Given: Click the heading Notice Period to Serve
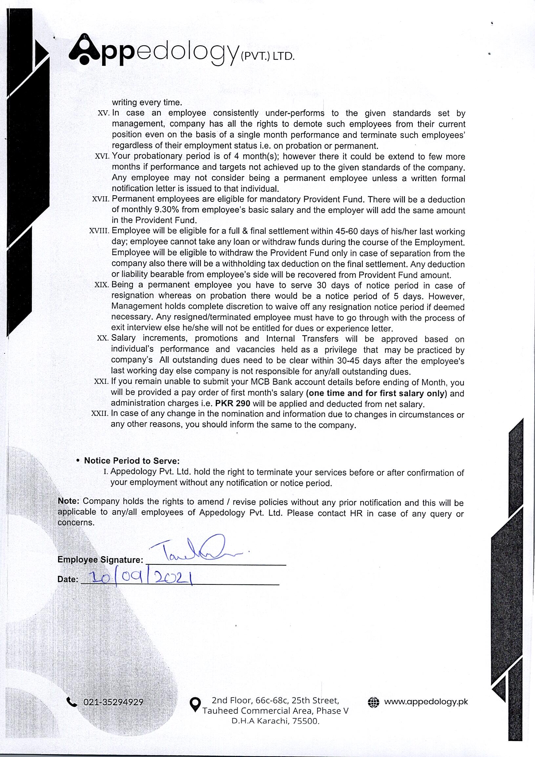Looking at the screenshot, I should (132, 461).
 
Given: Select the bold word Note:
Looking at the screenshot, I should (69, 501).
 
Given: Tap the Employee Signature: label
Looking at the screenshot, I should (100, 559).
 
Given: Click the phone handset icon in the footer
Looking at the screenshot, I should (72, 702).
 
